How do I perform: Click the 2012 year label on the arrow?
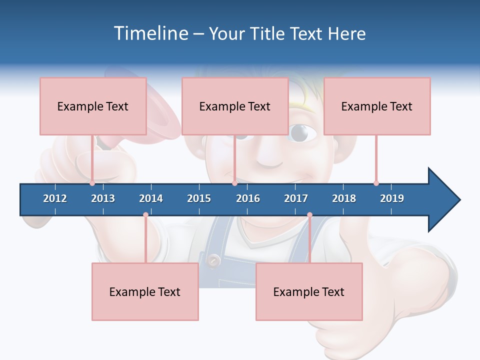point(55,198)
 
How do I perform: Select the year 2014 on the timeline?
point(151,198)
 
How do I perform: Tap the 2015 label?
point(199,198)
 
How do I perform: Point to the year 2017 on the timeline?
point(296,198)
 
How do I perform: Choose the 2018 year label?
point(344,198)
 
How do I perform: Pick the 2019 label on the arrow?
point(392,198)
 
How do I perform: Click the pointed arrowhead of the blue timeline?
point(445,200)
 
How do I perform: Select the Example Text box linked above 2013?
point(93,106)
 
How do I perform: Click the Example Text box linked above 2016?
point(235,106)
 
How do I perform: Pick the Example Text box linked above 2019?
point(377,106)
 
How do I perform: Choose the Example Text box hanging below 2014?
point(145,291)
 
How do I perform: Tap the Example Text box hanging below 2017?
point(309,291)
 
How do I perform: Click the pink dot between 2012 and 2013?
point(92,183)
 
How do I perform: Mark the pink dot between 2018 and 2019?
point(376,183)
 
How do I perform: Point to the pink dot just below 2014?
point(145,215)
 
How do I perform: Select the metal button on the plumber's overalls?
point(214,260)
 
